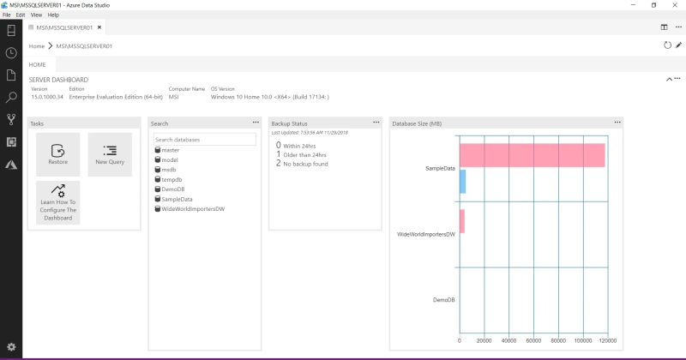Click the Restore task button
[x=57, y=154]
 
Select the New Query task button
[x=110, y=154]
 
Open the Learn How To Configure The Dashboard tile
[x=57, y=202]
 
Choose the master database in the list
[x=170, y=150]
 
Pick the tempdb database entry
[x=171, y=179]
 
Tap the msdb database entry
[x=169, y=170]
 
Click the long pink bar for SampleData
[x=532, y=155]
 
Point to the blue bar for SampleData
[x=462, y=181]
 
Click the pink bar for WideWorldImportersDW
[x=461, y=221]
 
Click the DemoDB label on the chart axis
[x=443, y=300]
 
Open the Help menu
[x=53, y=15]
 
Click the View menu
[x=36, y=15]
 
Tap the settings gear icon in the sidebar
[x=11, y=346]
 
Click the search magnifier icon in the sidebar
[x=11, y=98]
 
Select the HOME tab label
[x=38, y=64]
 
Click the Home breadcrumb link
[x=36, y=45]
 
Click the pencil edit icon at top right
[x=678, y=45]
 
